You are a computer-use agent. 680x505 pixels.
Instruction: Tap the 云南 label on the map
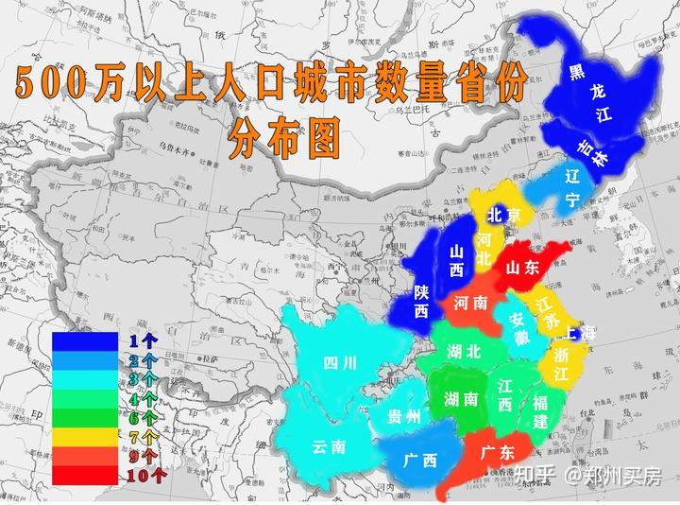coord(329,446)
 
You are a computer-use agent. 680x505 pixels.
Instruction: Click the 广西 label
coord(419,461)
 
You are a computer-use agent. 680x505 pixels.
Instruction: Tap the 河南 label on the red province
coord(469,305)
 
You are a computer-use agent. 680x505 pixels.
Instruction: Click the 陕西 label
coord(421,300)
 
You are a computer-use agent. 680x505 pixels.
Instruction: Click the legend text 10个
coord(143,475)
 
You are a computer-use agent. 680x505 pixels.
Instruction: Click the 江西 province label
coord(505,394)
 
